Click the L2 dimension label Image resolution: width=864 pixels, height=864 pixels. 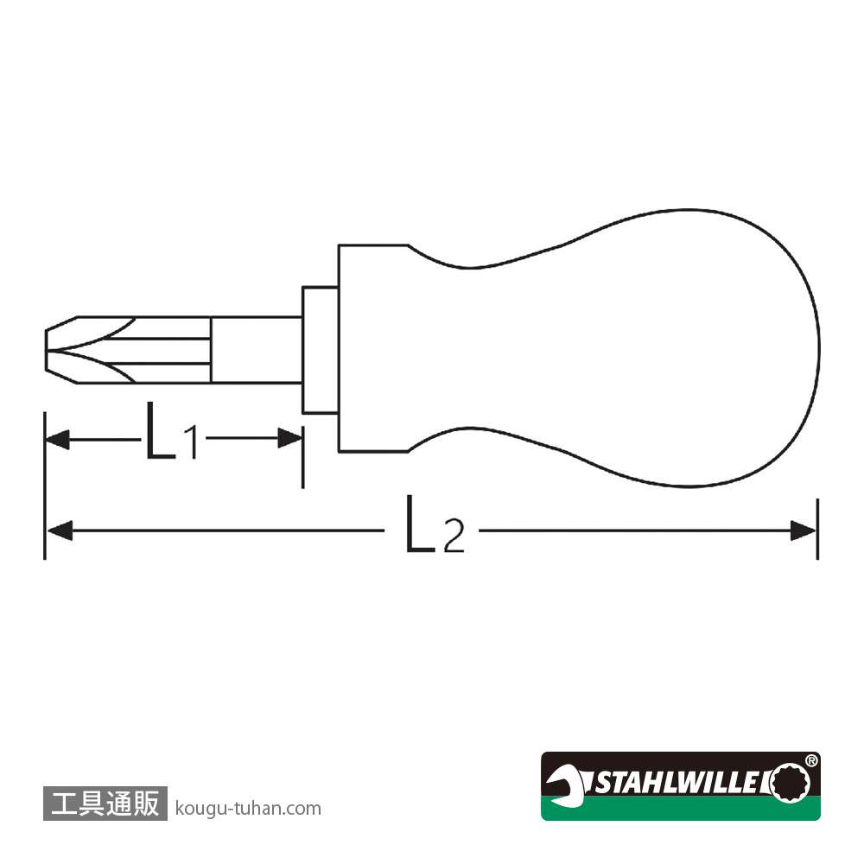click(x=435, y=524)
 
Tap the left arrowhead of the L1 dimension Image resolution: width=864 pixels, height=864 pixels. click(x=57, y=439)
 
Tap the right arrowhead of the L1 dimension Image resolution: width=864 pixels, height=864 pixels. click(x=290, y=439)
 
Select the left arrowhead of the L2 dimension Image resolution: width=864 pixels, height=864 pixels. click(x=60, y=531)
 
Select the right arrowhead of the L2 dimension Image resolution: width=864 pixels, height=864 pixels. click(x=804, y=531)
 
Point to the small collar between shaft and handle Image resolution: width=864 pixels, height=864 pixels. click(x=321, y=350)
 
